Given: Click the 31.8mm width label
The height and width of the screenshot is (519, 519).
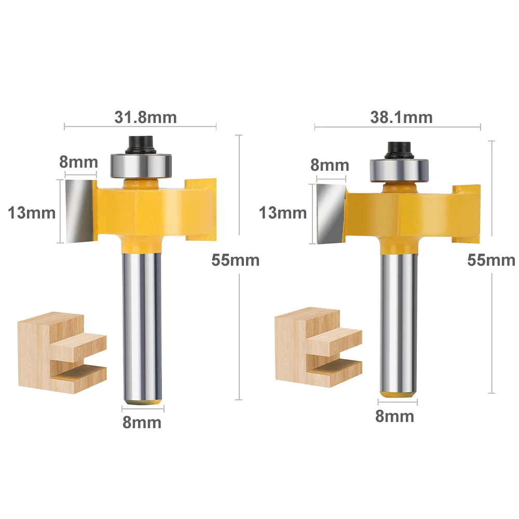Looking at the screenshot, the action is (146, 117).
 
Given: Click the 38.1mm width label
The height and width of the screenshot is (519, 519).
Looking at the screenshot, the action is (401, 117).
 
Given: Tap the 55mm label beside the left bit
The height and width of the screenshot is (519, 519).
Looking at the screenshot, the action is (235, 260).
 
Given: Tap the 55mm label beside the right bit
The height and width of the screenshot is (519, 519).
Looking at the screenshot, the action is (491, 260).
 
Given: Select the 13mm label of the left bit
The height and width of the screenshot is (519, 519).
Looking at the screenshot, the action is (32, 212).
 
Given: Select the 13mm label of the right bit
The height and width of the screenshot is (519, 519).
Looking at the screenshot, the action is (283, 212).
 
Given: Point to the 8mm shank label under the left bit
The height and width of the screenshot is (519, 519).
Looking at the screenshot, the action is (142, 422).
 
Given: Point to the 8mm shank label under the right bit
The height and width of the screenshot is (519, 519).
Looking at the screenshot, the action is (394, 416).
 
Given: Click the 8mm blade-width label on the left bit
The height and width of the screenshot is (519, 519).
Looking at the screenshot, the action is (78, 162).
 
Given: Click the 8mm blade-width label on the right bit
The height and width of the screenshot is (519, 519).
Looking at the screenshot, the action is (330, 165).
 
